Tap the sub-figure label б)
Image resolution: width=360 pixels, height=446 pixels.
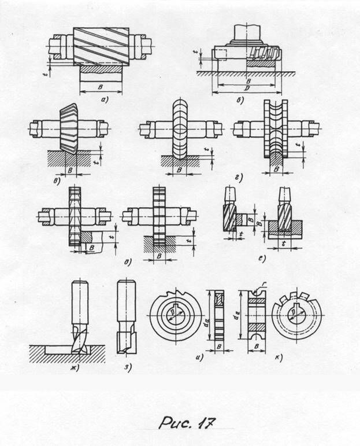click(x=240, y=100)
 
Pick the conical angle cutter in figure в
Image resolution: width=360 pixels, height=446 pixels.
click(x=69, y=128)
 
